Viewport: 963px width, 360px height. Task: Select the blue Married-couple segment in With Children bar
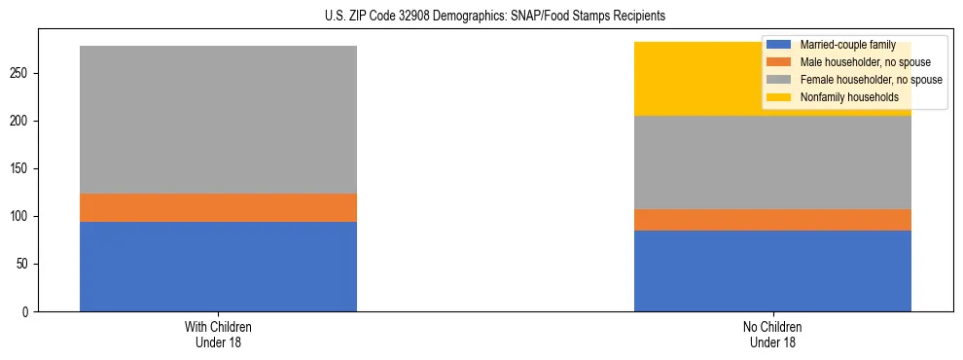[x=218, y=267]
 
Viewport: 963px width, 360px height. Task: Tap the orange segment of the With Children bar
[x=218, y=207]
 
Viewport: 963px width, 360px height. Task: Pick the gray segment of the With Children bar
[x=218, y=120]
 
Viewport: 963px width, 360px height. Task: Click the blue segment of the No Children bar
[x=772, y=270]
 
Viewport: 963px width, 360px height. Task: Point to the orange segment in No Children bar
[x=772, y=220]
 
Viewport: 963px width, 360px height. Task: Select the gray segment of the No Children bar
[x=772, y=162]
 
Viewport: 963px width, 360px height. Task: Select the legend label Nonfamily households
[x=843, y=97]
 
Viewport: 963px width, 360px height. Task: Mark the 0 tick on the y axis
[x=29, y=311]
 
